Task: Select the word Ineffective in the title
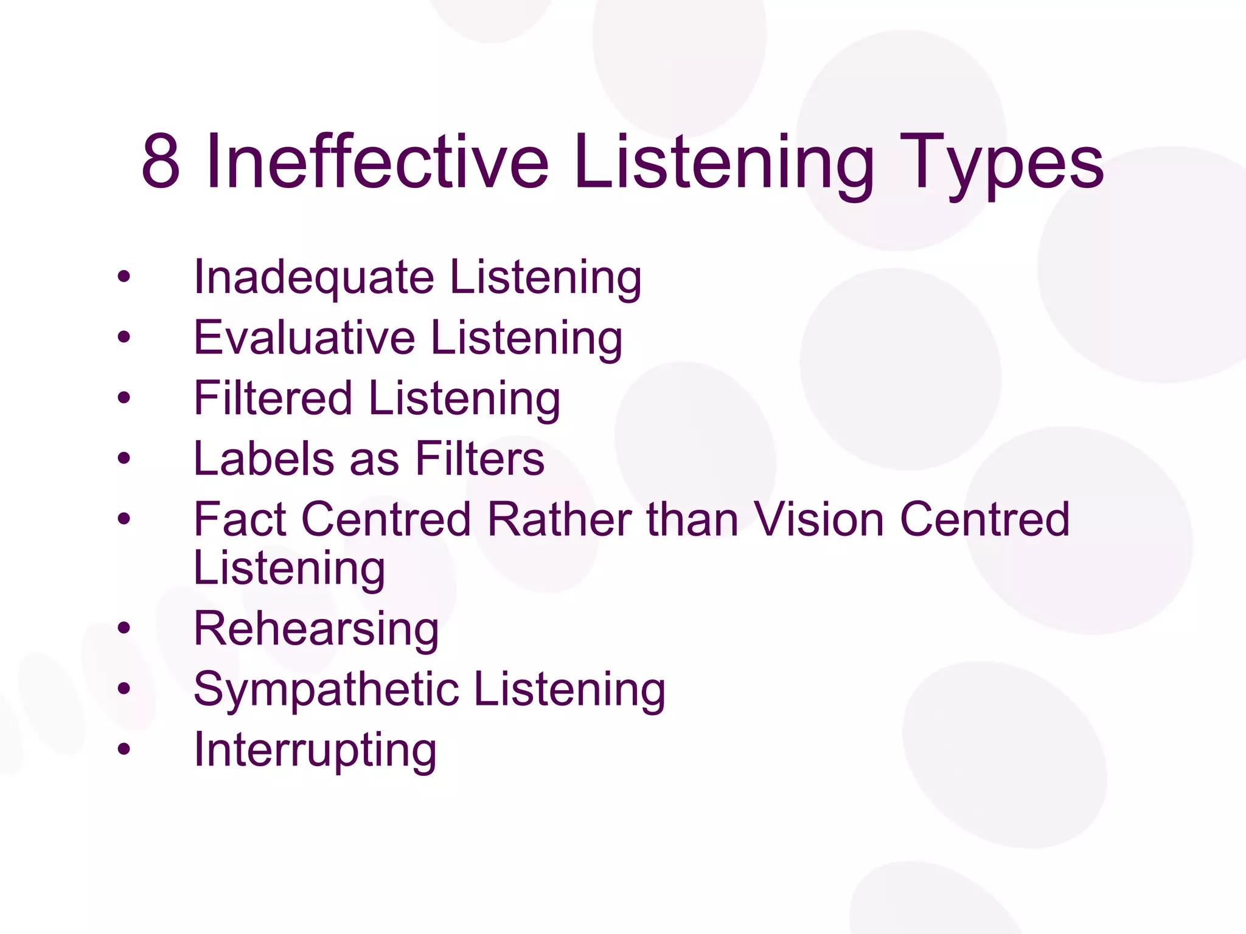[x=377, y=162]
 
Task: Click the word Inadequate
[x=313, y=277]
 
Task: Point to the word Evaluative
[x=304, y=337]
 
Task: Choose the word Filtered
[x=273, y=398]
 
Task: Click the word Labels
[x=263, y=458]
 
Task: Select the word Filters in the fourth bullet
[x=479, y=458]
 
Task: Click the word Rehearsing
[x=316, y=629]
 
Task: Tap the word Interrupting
[x=315, y=750]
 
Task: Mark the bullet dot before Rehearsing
[x=124, y=628]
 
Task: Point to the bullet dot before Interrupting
[x=124, y=749]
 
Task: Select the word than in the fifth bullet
[x=692, y=519]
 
